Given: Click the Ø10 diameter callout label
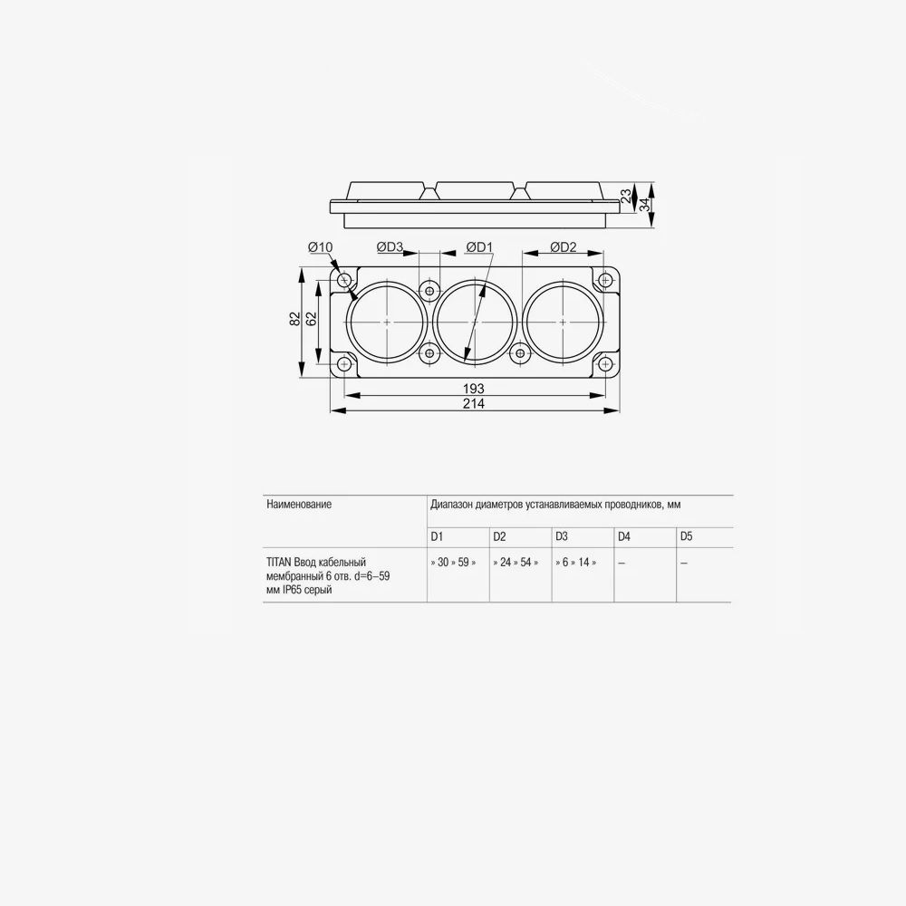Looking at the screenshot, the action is coord(321,247).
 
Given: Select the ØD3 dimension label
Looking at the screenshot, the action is coord(390,247).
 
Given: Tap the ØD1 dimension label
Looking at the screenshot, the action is coord(479,247).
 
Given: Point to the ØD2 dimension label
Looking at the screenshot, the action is coord(564,247).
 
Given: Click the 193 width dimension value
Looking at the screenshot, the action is coord(473,389).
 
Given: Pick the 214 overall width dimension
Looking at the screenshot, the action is coord(473,403).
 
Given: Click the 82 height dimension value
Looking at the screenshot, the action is coord(295,318).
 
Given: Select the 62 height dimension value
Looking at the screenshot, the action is coord(312,318).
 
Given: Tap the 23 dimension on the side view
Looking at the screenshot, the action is coord(627,197).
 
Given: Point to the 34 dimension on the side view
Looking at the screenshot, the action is coord(644,204).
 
